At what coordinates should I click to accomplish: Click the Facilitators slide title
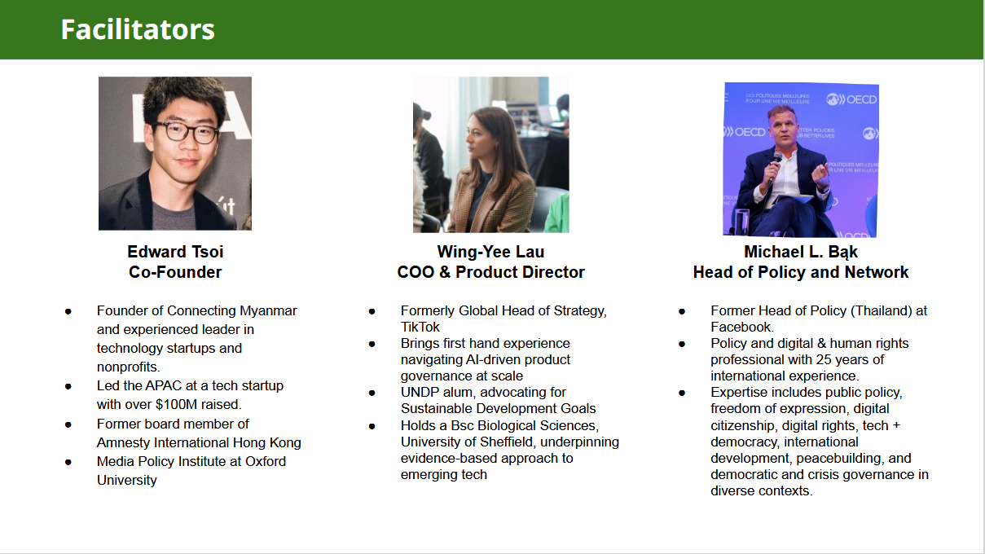138,29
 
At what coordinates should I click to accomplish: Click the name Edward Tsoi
175,252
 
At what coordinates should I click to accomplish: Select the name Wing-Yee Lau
490,252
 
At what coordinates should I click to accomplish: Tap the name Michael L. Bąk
801,253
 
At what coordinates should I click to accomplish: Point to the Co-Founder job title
175,272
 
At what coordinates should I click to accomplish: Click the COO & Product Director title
490,272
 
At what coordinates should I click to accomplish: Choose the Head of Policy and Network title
801,273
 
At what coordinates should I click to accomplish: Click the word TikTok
420,328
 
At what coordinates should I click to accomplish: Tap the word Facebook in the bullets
741,328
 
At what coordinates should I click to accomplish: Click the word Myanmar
268,311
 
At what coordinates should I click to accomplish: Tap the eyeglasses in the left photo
186,131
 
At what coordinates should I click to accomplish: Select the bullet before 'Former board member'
68,424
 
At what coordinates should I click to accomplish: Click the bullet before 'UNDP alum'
372,393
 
